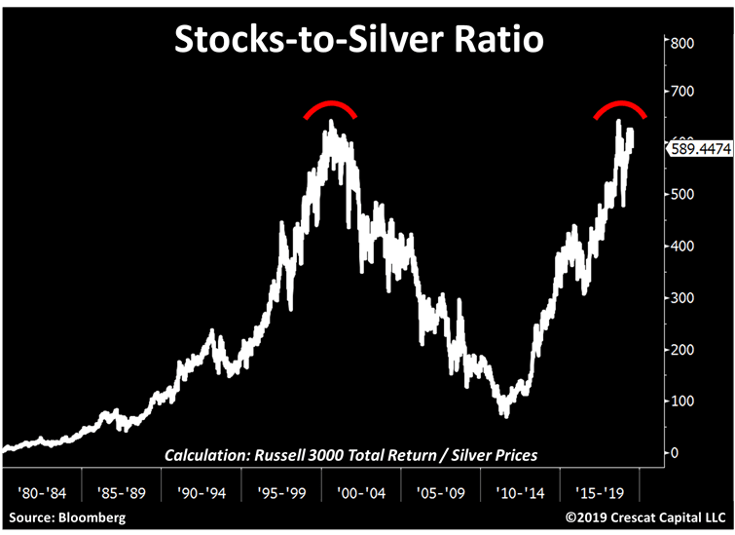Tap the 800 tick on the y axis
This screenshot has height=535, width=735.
pos(681,43)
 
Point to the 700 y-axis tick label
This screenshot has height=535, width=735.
pos(681,92)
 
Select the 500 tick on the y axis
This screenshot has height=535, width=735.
pos(681,195)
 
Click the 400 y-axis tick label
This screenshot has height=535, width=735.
pos(681,247)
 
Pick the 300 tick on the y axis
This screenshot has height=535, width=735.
pos(681,298)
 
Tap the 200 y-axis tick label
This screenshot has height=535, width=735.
pos(681,350)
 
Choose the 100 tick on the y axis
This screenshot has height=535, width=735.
pos(681,401)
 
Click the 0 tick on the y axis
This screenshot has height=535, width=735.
pos(674,453)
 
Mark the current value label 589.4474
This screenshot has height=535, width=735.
pos(697,148)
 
